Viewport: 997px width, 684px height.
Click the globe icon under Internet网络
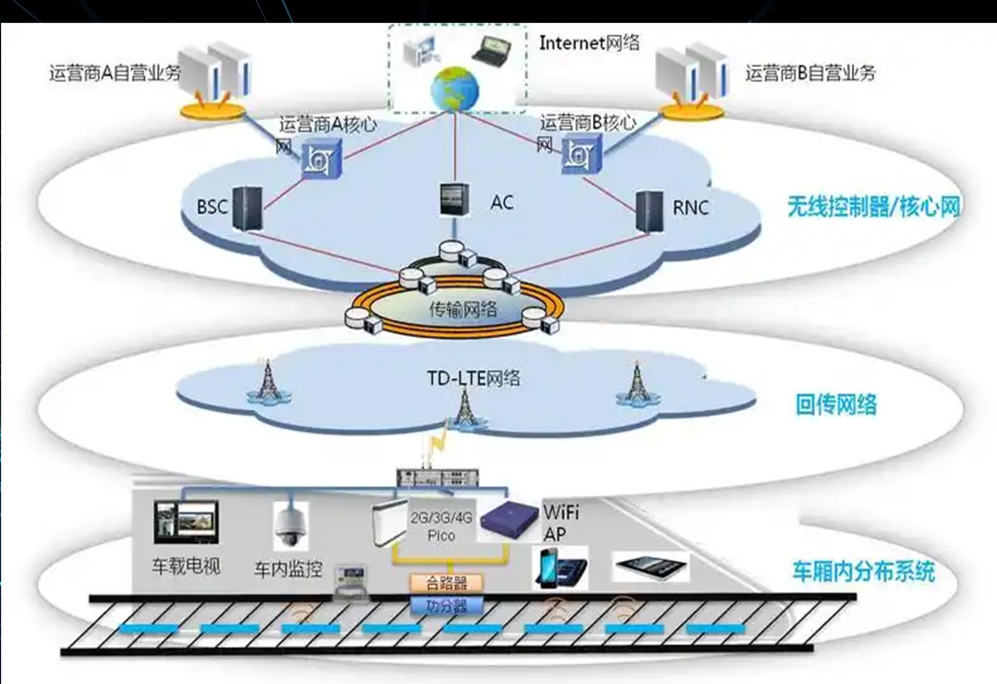[x=454, y=89]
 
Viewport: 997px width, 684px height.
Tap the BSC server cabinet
[x=247, y=208]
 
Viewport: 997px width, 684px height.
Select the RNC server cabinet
[x=650, y=211]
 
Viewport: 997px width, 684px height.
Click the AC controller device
[x=454, y=200]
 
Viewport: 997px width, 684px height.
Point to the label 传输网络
[x=463, y=309]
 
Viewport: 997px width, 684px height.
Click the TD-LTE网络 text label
[x=473, y=378]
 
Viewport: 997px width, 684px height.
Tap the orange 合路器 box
[x=447, y=583]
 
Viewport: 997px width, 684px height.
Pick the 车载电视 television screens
[x=186, y=522]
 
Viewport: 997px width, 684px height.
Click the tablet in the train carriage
[x=651, y=567]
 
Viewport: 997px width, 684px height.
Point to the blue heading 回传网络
[x=836, y=405]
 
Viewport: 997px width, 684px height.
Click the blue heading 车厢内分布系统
[x=863, y=571]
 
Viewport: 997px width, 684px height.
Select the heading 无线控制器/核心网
[x=873, y=207]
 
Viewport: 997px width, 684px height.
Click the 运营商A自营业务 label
[x=115, y=73]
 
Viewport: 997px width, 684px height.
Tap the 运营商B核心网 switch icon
[x=582, y=154]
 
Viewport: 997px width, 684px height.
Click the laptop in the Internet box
[x=491, y=51]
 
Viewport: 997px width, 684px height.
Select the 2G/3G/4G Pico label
[x=441, y=526]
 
